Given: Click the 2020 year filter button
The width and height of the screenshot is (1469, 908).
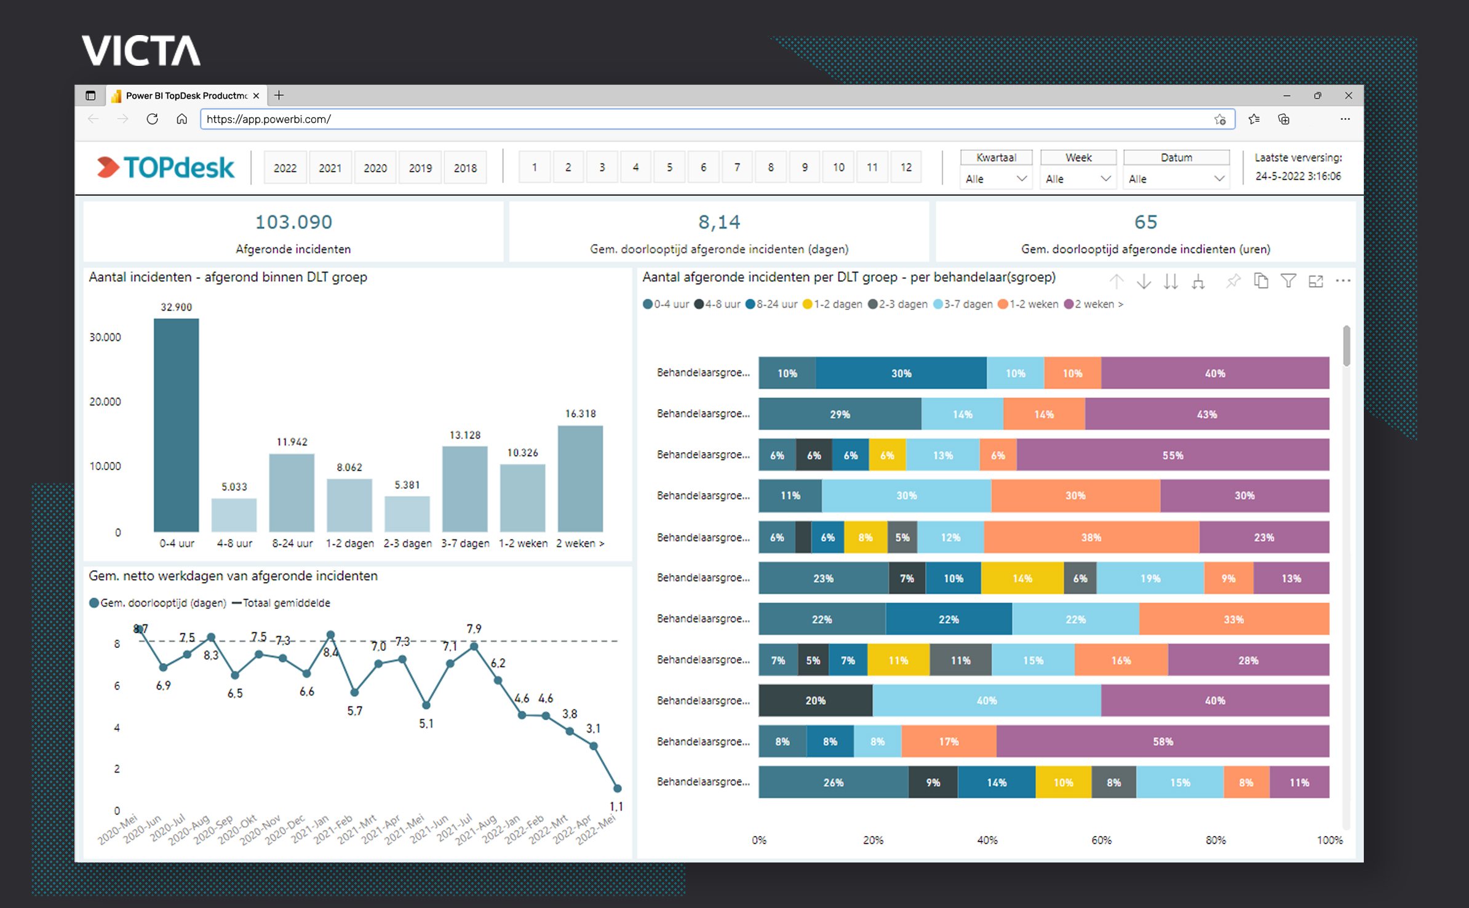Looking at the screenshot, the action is tap(375, 168).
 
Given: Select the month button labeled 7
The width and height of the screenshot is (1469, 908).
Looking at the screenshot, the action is tap(737, 167).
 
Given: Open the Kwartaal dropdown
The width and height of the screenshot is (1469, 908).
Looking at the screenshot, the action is tap(996, 179).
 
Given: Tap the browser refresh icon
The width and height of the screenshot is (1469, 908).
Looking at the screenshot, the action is tap(152, 119).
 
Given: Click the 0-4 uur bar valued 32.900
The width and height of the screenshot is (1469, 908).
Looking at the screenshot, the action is tap(177, 424).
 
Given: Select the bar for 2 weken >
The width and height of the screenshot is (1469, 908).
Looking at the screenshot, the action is tap(580, 478).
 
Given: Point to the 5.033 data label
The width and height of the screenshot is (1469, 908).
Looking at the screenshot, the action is tap(234, 487).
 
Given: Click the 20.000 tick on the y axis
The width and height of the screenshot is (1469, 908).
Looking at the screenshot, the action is tap(105, 402).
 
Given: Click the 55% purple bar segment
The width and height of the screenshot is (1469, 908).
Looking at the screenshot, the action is tap(1172, 455).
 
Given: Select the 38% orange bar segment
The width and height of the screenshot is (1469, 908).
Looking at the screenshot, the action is tap(1091, 537).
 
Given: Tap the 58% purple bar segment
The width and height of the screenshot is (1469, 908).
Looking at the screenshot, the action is tap(1163, 741).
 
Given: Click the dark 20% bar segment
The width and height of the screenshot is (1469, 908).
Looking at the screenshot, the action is tap(815, 701).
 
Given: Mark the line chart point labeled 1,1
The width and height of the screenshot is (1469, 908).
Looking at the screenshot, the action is tap(618, 788).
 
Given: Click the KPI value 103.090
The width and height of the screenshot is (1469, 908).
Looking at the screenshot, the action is tap(293, 222).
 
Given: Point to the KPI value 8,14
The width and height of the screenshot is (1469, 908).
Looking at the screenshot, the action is tap(719, 222).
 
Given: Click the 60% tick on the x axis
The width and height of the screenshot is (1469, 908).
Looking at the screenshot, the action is tap(1101, 840).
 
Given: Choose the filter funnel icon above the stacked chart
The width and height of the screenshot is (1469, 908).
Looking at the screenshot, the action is tap(1288, 281).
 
